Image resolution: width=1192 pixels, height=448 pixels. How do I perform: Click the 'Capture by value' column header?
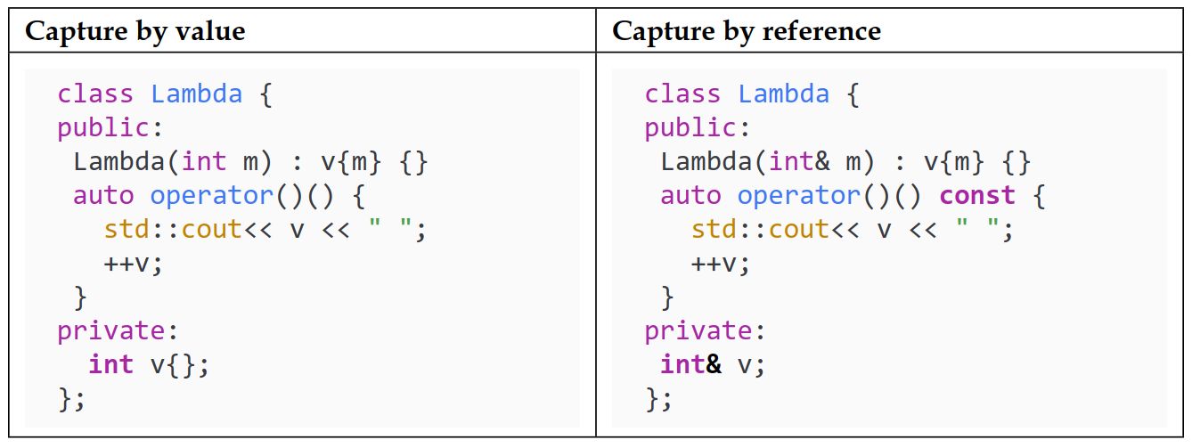click(135, 32)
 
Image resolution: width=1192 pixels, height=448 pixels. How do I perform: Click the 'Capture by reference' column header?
click(746, 32)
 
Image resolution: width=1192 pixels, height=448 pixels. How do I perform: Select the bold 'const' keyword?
click(977, 196)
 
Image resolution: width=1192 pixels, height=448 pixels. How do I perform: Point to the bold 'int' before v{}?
click(111, 364)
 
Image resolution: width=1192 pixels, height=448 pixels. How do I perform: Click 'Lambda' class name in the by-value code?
click(197, 94)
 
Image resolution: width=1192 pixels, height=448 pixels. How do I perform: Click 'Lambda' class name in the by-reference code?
click(784, 94)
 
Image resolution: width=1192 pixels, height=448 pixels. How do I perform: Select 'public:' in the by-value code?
click(110, 128)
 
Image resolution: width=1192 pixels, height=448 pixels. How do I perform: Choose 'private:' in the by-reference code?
click(706, 330)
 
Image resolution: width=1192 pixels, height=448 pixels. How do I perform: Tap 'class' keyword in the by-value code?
click(95, 94)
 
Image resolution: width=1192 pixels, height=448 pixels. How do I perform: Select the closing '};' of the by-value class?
click(72, 398)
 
